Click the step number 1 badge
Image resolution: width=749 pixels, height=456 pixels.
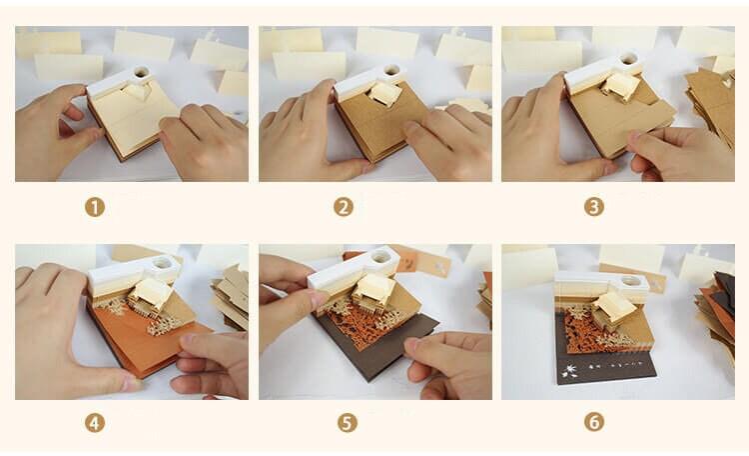[95, 207]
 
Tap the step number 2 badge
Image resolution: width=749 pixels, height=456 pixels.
[345, 207]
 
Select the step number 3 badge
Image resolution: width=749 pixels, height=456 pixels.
[594, 207]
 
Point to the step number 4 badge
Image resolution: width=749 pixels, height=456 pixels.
[95, 422]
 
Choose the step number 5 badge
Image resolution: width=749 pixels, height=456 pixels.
[347, 422]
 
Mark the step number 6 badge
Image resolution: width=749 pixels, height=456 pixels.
[594, 422]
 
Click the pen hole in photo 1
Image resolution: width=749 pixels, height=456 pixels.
[141, 73]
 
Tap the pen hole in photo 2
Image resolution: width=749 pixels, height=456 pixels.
[390, 71]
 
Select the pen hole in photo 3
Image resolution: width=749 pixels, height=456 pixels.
[630, 61]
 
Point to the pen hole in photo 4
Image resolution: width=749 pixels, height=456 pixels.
[161, 264]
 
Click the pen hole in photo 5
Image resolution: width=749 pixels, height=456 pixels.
[380, 263]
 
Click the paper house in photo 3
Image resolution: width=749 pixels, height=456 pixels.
[621, 87]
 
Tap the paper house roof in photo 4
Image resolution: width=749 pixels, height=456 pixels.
[153, 291]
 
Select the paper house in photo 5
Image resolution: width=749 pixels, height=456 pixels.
[372, 289]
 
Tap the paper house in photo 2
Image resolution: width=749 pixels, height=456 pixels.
[383, 94]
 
